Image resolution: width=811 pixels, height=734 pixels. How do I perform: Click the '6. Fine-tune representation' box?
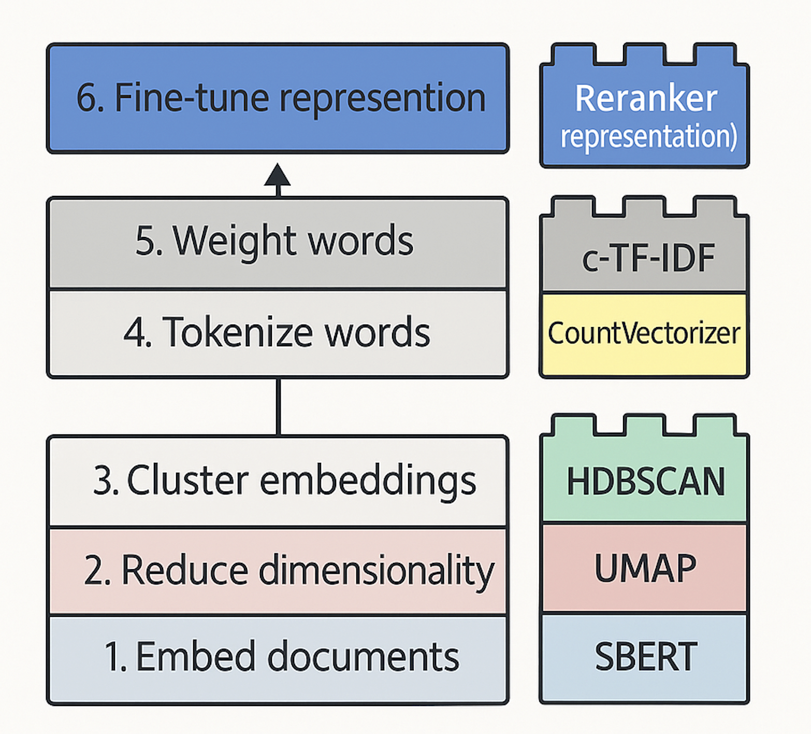[x=278, y=98]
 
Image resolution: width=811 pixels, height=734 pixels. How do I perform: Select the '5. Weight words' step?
[x=278, y=242]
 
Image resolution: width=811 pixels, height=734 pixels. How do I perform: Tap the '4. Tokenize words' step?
[x=278, y=333]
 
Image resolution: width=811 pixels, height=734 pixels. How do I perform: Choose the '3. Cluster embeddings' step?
[x=278, y=481]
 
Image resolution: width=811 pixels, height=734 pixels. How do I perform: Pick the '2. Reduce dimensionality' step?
[x=278, y=570]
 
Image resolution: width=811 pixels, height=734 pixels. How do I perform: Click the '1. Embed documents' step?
[x=278, y=657]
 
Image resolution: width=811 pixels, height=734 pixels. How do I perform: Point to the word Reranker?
[x=646, y=98]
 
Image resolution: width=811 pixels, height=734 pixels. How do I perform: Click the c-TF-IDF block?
[x=647, y=258]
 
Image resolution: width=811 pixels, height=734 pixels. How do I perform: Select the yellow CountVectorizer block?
[x=644, y=334]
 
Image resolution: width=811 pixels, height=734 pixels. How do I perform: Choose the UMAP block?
[x=645, y=569]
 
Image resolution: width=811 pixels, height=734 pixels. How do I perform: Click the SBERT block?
[x=646, y=657]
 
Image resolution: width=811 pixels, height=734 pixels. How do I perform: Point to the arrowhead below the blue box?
[x=278, y=176]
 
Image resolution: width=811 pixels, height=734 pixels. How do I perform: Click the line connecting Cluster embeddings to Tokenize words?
[x=278, y=407]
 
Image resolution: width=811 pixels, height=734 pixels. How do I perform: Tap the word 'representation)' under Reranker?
[x=648, y=136]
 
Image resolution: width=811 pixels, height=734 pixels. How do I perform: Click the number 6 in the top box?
[x=86, y=98]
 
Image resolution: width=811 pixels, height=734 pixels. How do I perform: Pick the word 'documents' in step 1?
[x=363, y=657]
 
